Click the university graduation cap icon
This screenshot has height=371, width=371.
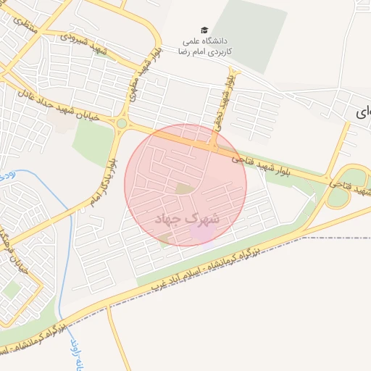tap(205, 30)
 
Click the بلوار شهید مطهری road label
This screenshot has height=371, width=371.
tap(148, 75)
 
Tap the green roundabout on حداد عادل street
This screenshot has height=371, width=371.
tap(121, 124)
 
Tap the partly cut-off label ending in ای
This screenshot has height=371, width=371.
tap(363, 112)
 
